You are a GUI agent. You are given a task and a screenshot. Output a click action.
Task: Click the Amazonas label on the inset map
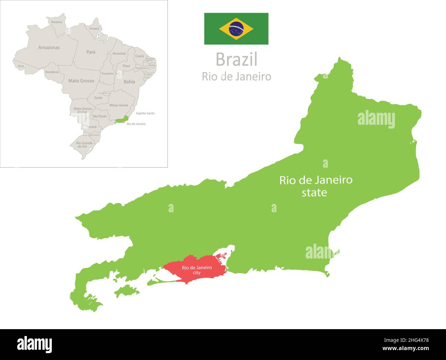pos(49,48)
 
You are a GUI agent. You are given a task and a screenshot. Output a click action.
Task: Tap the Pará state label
pos(91,52)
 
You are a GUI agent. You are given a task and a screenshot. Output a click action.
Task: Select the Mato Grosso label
pos(81,81)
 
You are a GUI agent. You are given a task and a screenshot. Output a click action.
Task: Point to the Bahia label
pos(129,82)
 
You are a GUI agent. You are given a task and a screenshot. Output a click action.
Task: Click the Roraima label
pos(57,22)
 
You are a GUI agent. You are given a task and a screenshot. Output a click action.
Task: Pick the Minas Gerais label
pos(119,105)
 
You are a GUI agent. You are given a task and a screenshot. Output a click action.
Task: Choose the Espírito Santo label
pos(145,113)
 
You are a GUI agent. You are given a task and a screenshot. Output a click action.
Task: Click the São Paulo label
pos(99,116)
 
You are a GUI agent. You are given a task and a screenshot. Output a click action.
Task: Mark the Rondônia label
pos(52,72)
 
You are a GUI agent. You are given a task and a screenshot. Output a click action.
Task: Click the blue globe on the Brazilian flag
pos(236,29)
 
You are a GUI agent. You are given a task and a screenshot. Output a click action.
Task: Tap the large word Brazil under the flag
pos(236,60)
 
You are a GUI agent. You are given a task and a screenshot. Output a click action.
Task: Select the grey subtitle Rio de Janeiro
pos(236,76)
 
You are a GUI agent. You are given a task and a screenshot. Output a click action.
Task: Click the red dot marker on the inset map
pos(124,122)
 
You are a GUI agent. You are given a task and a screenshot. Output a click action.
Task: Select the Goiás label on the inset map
pos(98,98)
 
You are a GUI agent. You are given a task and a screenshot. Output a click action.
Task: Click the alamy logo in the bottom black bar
pos(35,344)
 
